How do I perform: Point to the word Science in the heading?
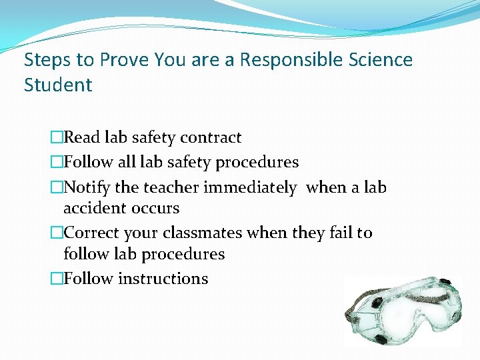[382, 60]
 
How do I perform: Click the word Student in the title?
[58, 85]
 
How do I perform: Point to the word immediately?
[250, 188]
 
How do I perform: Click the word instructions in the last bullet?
[163, 279]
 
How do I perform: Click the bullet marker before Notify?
[56, 189]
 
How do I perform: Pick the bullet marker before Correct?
[56, 234]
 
